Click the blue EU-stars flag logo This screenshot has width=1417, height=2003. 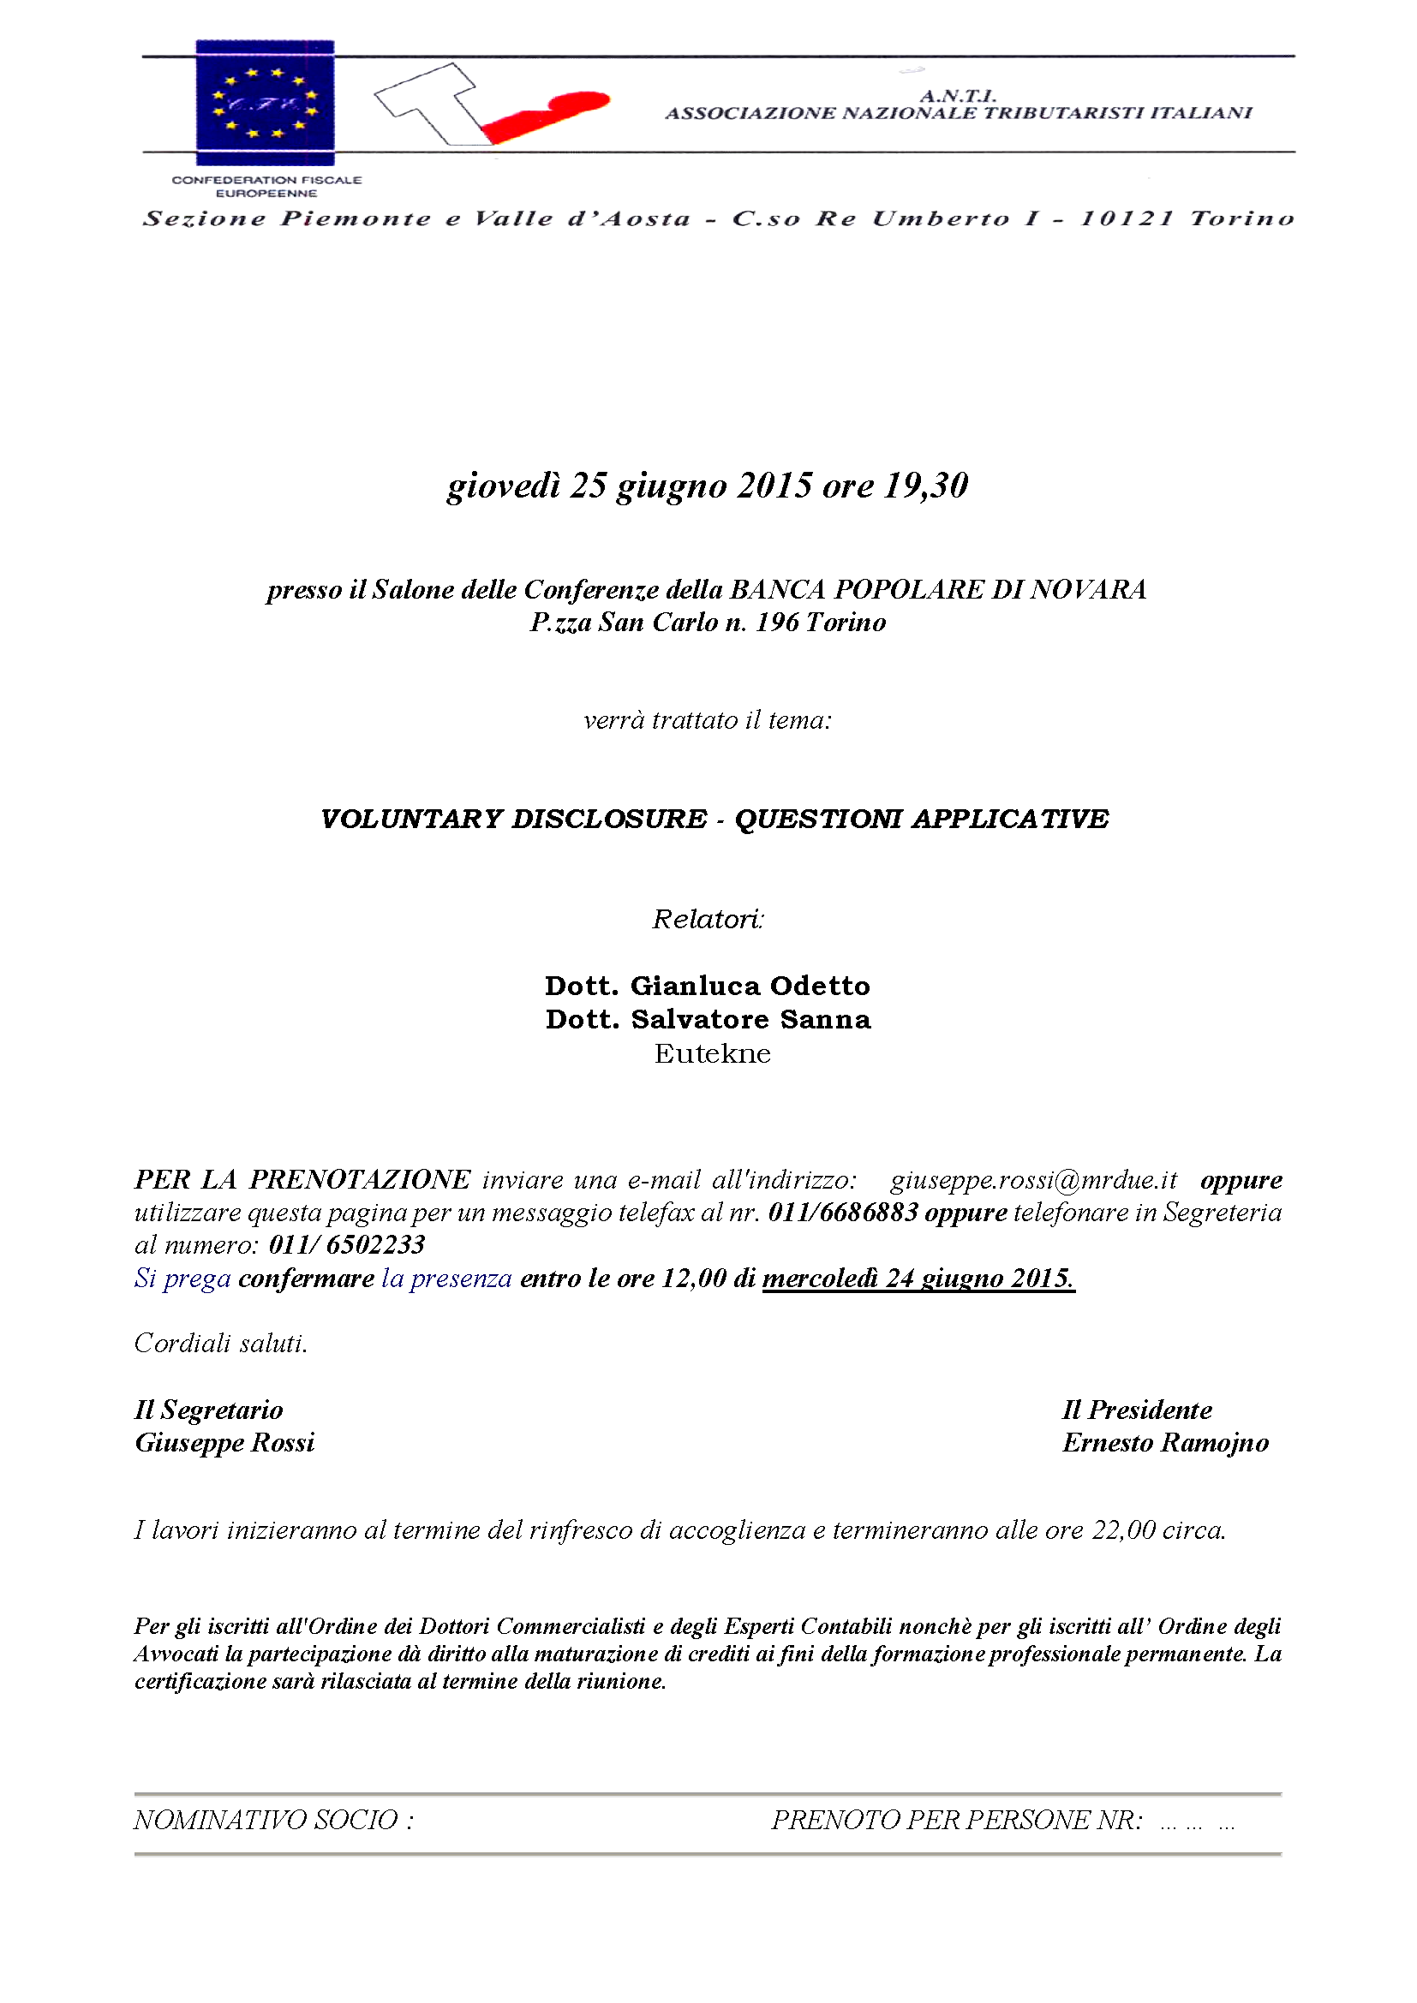tap(265, 102)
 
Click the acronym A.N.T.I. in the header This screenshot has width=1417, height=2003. tap(957, 95)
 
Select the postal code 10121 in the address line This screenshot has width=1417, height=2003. tap(1127, 218)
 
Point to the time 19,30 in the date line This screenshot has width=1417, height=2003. tap(926, 486)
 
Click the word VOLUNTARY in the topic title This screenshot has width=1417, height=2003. tap(411, 820)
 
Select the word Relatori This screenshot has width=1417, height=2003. tap(708, 919)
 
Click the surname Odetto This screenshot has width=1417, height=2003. tap(820, 986)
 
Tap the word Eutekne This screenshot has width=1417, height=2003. tap(712, 1054)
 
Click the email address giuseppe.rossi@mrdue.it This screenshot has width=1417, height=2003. tap(1033, 1180)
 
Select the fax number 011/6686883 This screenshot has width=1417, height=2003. tap(843, 1213)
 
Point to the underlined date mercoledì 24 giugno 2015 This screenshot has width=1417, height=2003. tap(918, 1279)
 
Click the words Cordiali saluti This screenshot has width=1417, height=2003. tap(221, 1344)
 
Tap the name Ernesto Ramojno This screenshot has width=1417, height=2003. tap(1165, 1443)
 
